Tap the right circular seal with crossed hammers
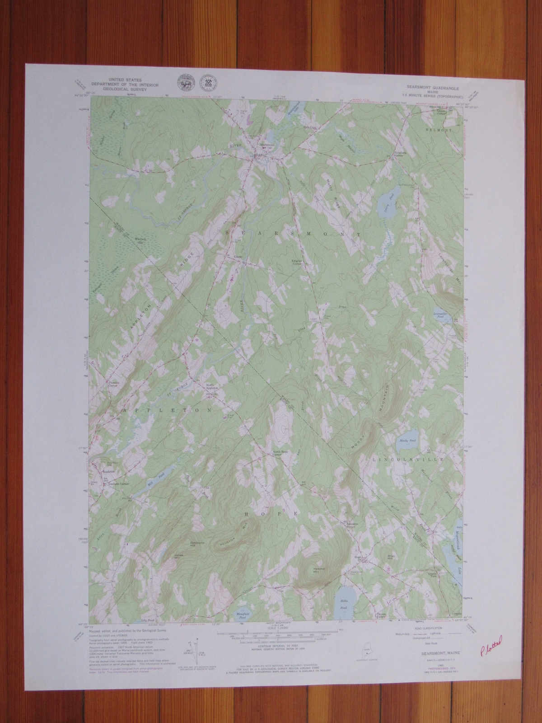tap(210, 83)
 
